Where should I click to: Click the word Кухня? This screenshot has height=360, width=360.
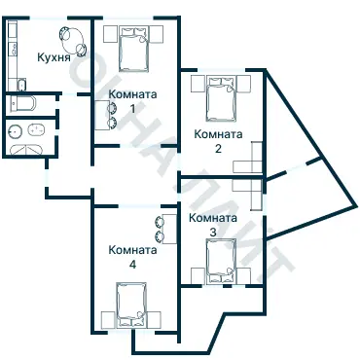coord(54,57)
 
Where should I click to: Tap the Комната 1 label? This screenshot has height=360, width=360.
coord(132,101)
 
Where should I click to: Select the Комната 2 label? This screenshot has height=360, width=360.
coord(218,141)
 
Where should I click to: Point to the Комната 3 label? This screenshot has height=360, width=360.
coord(213,225)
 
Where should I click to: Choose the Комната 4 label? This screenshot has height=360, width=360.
coord(132,257)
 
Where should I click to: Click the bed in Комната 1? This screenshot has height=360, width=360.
coord(133,49)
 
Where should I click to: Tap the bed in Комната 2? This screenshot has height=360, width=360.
coord(221,98)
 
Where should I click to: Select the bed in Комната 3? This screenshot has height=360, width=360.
coord(221,262)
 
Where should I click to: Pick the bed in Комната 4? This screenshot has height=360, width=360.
coord(131,305)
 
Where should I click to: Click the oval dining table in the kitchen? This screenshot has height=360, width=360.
coord(73,41)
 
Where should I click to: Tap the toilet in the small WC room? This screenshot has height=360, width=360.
coord(22,104)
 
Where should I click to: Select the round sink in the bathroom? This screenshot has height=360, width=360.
coord(16,130)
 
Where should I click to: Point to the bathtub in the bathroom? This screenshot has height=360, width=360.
coord(26,150)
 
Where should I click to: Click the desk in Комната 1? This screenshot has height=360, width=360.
coord(101,115)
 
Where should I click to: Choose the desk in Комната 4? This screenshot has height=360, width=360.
coord(169,229)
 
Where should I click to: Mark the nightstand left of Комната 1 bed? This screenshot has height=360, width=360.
coord(110,34)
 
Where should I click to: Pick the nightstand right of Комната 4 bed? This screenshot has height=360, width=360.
coord(154,320)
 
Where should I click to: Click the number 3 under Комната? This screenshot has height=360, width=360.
coord(213,233)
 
